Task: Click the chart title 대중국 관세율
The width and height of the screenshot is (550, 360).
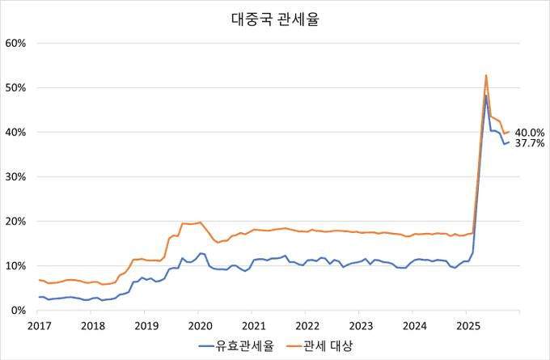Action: coord(275,18)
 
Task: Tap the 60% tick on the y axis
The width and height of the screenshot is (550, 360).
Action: coord(16,43)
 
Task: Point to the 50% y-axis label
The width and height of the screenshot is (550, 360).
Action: coord(16,87)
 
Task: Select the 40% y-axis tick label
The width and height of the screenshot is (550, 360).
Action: coord(16,132)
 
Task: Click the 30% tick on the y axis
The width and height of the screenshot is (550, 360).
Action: coord(16,176)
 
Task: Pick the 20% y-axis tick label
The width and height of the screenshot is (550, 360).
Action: coord(16,221)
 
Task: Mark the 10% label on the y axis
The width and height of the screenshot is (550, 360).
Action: coord(16,265)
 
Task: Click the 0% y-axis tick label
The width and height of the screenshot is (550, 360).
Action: coord(19,310)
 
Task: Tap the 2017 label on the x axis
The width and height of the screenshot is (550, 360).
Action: coord(39,325)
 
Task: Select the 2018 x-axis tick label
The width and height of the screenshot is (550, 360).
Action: coord(92,325)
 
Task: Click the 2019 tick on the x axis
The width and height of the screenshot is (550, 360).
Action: coord(146,325)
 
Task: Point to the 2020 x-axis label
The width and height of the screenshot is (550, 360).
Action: coord(200,325)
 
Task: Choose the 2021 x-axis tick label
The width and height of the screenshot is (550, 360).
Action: coord(253,325)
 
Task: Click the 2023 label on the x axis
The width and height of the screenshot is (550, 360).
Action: coord(361,325)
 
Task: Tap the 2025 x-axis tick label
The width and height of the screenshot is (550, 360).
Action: coord(467,325)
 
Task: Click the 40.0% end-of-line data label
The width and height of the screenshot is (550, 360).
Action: coord(530,133)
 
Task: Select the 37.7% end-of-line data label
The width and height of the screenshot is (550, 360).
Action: coord(530,144)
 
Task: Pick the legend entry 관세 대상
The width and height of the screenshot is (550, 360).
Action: coord(328,346)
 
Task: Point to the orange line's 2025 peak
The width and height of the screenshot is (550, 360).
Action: coord(486,75)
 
